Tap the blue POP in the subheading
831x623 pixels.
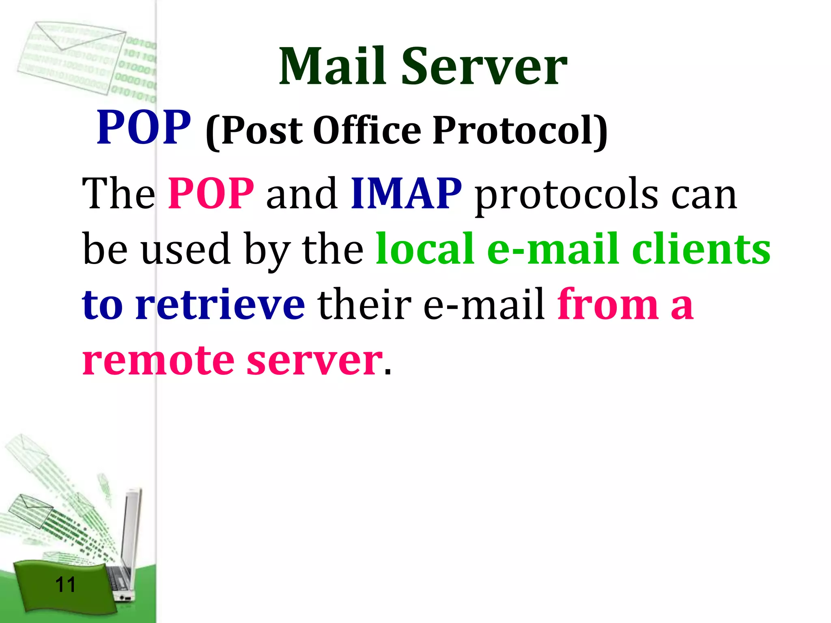[144, 127]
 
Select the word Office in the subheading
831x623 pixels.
[367, 131]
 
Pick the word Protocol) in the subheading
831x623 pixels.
[520, 131]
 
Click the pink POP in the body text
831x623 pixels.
[211, 193]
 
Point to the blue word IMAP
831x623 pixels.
[406, 193]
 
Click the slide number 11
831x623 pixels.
[65, 584]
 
